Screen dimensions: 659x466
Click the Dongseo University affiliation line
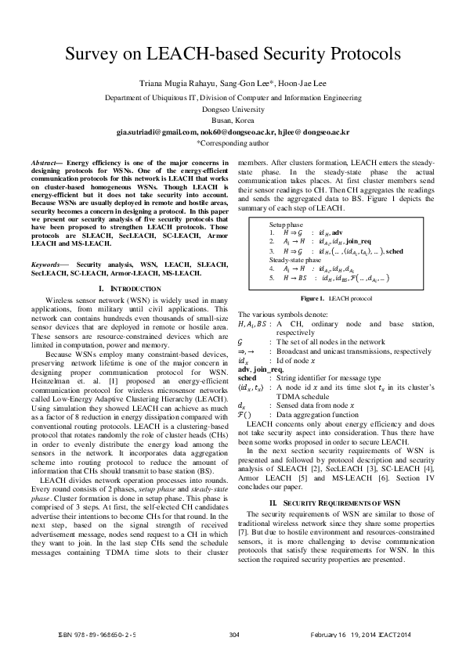pyautogui.click(x=233, y=110)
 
